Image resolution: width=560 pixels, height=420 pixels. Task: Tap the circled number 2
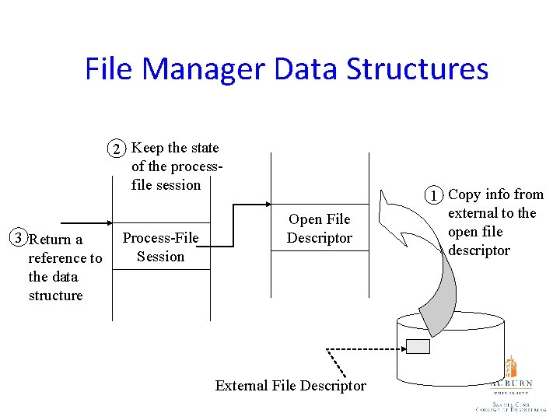[x=116, y=149]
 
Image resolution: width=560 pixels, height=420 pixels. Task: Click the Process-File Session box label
[x=161, y=247]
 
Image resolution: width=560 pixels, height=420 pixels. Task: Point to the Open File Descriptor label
[x=320, y=229]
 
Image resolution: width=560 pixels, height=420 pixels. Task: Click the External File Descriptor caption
[x=290, y=386]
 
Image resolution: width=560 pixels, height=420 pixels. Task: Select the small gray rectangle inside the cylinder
[x=418, y=346]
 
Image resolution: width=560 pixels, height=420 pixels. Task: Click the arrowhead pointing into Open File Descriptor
[x=267, y=205]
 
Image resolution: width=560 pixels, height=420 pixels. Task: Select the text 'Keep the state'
[x=176, y=148]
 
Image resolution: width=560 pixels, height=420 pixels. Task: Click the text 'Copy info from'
[x=496, y=194]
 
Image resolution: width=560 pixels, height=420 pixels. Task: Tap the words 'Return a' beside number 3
[x=55, y=240]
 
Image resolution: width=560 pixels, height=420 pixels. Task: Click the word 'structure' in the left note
[x=55, y=296]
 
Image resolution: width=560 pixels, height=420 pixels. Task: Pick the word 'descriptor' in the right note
[x=479, y=250]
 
